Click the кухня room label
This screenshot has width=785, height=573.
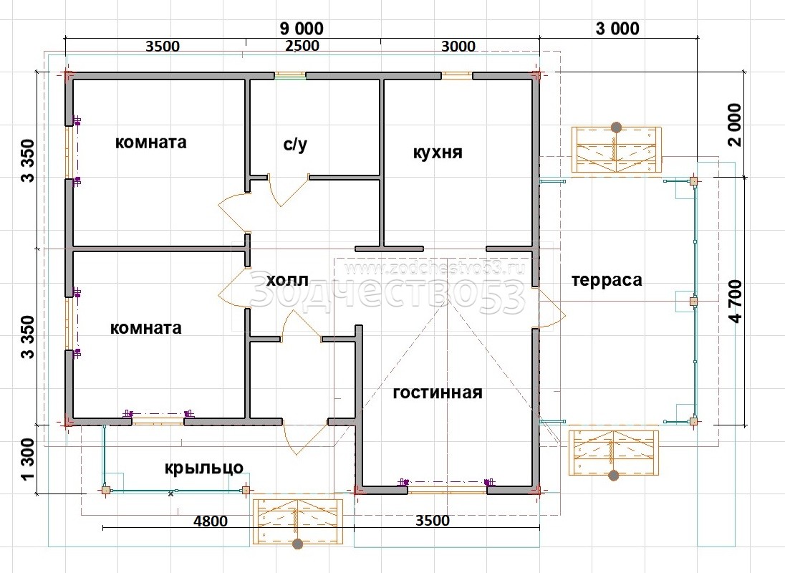438,152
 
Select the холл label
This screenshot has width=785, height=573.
287,280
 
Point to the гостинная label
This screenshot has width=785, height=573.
438,393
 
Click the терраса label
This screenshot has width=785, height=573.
607,280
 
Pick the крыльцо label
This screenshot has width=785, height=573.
203,468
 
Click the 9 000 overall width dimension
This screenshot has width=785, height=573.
302,29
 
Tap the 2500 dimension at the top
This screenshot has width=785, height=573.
302,46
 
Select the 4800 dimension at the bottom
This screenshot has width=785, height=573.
211,521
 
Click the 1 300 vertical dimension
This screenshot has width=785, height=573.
28,458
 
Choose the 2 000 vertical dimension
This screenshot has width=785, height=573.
734,125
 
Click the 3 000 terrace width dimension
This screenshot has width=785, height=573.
617,29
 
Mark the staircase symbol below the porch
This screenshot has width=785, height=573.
298,521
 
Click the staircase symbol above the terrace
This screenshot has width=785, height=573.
616,149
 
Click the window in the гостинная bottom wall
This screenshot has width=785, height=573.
447,486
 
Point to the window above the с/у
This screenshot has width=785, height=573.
290,76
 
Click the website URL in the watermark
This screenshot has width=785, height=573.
434,269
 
